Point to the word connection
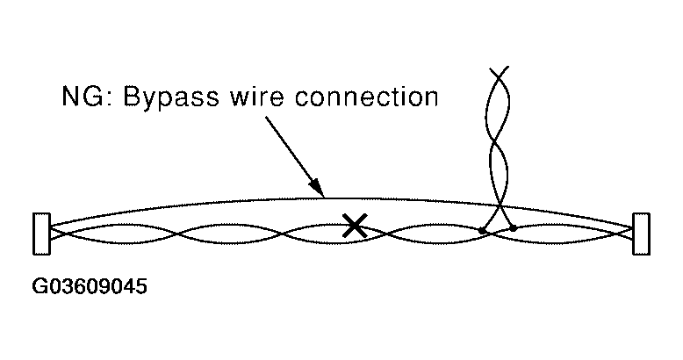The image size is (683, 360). click(370, 96)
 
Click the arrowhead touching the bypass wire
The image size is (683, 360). click(318, 187)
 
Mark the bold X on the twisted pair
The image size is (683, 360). click(354, 226)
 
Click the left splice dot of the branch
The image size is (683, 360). click(482, 231)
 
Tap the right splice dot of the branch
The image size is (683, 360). click(513, 227)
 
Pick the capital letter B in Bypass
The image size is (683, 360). click(133, 96)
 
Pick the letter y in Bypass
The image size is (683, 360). click(153, 99)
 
